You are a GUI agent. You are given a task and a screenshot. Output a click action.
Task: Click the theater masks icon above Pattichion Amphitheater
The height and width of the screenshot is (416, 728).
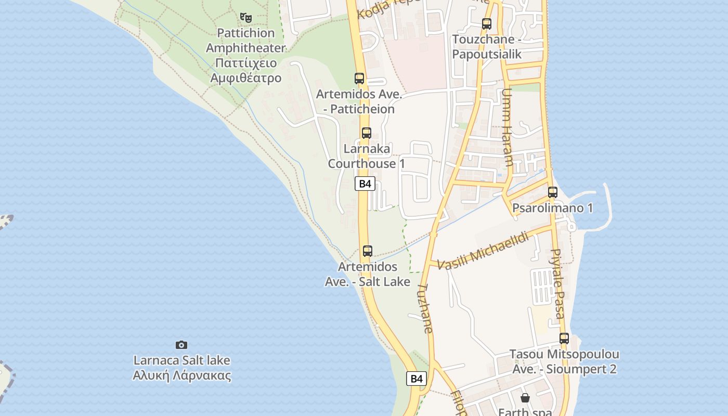[246, 17]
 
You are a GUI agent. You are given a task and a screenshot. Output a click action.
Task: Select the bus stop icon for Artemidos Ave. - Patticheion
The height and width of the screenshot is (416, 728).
[359, 79]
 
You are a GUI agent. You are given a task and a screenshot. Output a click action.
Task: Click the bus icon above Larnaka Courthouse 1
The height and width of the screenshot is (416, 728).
[367, 133]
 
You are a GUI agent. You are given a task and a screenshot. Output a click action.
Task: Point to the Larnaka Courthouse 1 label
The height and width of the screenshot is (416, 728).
[366, 156]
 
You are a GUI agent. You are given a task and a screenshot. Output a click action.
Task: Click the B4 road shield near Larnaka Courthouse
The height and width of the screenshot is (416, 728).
[365, 184]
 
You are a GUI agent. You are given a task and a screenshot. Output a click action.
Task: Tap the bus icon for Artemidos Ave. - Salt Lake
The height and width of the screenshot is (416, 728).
[368, 251]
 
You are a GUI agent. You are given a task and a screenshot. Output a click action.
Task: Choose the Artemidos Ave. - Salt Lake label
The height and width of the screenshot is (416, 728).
[368, 274]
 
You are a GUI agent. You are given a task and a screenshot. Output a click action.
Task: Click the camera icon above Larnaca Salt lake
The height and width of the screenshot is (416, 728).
[181, 345]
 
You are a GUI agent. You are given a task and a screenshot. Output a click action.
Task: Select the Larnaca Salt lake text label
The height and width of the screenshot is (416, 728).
[181, 368]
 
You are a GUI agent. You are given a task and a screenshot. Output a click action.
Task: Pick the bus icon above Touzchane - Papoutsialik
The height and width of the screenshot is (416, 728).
[487, 23]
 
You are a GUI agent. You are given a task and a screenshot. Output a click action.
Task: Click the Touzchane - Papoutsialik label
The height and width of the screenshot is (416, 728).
[487, 47]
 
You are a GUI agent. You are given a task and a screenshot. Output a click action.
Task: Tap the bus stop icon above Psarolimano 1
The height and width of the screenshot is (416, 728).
[553, 192]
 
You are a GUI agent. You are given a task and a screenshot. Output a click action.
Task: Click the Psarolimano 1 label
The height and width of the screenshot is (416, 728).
[553, 208]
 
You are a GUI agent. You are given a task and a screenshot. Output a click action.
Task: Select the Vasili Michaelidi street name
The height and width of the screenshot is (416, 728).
[483, 251]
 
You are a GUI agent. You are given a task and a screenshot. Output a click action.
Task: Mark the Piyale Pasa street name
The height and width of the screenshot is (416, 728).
[557, 283]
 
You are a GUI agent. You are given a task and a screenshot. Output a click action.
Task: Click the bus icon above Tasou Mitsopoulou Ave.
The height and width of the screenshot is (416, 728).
[564, 339]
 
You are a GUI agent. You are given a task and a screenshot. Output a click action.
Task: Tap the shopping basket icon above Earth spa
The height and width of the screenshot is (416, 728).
[525, 398]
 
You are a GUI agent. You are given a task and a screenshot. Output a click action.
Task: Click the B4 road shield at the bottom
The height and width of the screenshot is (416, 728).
[417, 379]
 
